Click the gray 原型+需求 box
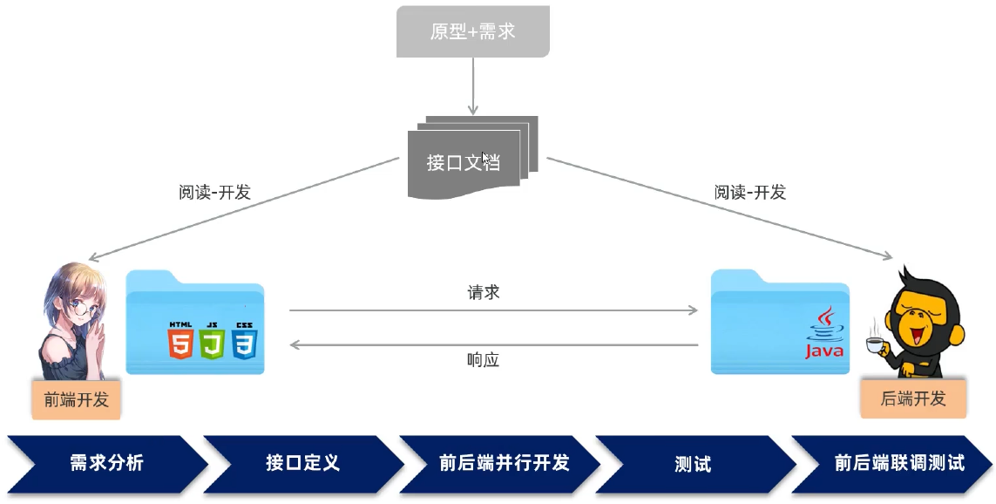tap(472, 31)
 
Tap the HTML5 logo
tap(180, 341)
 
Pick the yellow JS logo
tap(212, 341)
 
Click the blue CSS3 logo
tap(243, 341)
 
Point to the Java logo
tap(824, 337)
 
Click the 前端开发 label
tap(76, 400)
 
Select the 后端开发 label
tap(912, 398)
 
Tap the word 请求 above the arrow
tap(484, 293)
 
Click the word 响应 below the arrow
tap(484, 360)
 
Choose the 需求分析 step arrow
tap(106, 463)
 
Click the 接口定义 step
tap(302, 463)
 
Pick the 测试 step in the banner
tap(693, 463)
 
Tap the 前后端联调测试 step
tap(898, 463)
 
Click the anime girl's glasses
tap(79, 308)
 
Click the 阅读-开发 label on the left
tap(214, 193)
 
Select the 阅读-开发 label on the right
tap(750, 193)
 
